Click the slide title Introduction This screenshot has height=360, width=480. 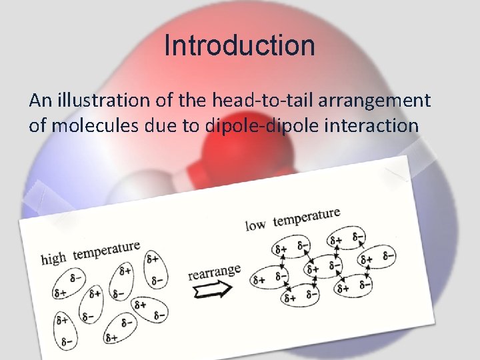[x=239, y=46]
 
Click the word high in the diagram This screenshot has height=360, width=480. [x=55, y=257]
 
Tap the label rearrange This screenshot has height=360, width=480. [x=213, y=272]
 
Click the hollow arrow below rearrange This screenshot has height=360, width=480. [x=212, y=289]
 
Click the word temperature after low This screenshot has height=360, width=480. [x=307, y=217]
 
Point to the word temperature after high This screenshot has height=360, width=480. [x=107, y=251]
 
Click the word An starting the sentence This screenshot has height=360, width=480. [x=39, y=101]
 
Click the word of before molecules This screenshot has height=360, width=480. [x=37, y=125]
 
